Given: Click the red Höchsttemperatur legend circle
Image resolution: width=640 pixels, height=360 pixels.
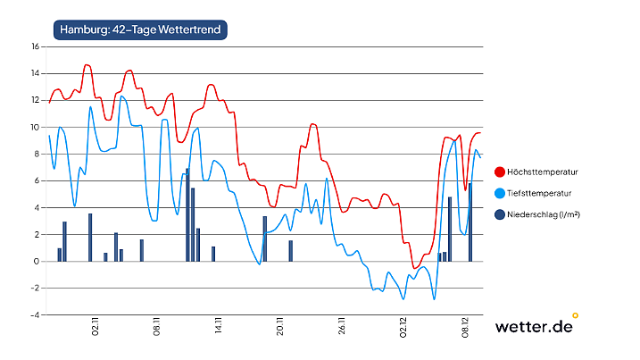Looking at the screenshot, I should (x=499, y=172).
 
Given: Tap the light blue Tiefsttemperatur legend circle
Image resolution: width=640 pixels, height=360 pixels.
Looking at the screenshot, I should (x=499, y=193).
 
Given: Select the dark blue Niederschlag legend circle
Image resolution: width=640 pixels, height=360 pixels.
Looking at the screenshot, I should (x=499, y=214).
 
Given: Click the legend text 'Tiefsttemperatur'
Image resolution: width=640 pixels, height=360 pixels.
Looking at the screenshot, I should (x=539, y=193).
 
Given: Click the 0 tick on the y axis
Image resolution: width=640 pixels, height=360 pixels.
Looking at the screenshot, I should (x=36, y=262).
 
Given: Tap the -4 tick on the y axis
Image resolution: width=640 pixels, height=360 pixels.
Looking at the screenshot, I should (x=34, y=315).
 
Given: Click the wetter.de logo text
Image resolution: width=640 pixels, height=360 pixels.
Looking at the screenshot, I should (x=533, y=327).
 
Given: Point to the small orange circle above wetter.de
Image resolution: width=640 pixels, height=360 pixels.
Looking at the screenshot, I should (x=575, y=314).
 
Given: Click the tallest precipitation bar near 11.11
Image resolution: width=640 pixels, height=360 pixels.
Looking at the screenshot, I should (x=187, y=215).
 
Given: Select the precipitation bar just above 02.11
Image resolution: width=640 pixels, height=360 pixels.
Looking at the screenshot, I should (x=90, y=238).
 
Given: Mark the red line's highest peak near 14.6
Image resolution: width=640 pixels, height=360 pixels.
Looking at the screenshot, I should (x=87, y=65).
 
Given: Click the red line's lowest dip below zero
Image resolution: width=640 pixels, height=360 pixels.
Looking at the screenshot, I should (x=415, y=267).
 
